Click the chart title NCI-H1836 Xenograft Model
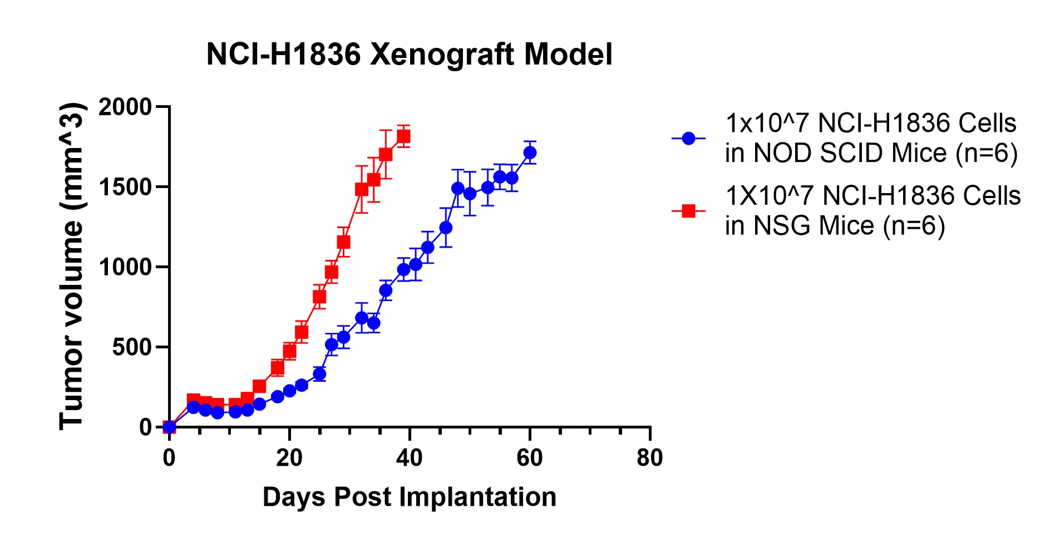pyautogui.click(x=409, y=55)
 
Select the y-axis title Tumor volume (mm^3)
pyautogui.click(x=72, y=266)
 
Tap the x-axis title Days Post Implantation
pyautogui.click(x=409, y=497)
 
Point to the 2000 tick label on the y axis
pyautogui.click(x=125, y=107)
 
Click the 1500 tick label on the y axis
pyautogui.click(x=125, y=187)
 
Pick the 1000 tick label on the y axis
pyautogui.click(x=125, y=267)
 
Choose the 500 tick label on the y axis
pyautogui.click(x=132, y=347)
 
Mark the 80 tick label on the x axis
pyautogui.click(x=650, y=459)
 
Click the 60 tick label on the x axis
pyautogui.click(x=530, y=459)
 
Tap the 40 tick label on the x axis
pyautogui.click(x=410, y=459)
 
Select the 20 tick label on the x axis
pyautogui.click(x=289, y=459)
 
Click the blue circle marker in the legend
pyautogui.click(x=689, y=138)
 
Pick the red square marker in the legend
pyautogui.click(x=689, y=211)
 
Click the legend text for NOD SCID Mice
pyautogui.click(x=871, y=138)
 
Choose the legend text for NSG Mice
pyautogui.click(x=873, y=211)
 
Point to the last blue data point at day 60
pyautogui.click(x=530, y=152)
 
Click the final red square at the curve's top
pyautogui.click(x=403, y=136)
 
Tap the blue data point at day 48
pyautogui.click(x=457, y=189)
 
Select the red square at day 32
pyautogui.click(x=362, y=190)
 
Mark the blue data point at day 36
pyautogui.click(x=386, y=290)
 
